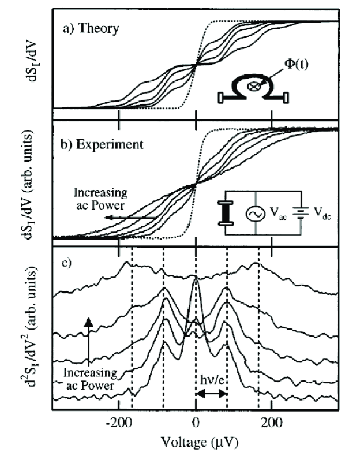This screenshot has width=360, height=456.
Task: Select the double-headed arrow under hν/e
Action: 211,393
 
